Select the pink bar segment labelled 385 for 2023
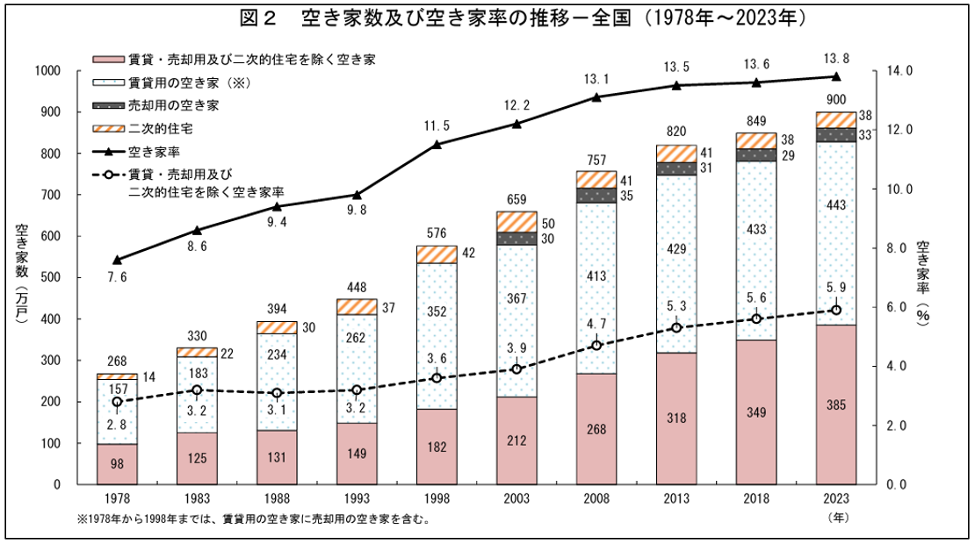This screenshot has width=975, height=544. click(x=835, y=404)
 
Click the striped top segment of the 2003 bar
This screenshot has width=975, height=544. click(x=516, y=221)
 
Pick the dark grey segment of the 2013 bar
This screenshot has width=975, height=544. click(x=676, y=168)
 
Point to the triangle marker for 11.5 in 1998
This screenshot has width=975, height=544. click(x=437, y=144)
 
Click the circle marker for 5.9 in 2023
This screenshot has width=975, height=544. click(x=835, y=310)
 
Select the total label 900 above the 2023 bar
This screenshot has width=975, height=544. click(x=835, y=97)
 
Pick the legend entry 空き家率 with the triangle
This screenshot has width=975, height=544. click(x=155, y=151)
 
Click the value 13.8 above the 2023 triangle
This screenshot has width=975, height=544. click(x=835, y=58)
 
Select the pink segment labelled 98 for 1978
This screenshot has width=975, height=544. click(x=117, y=464)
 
